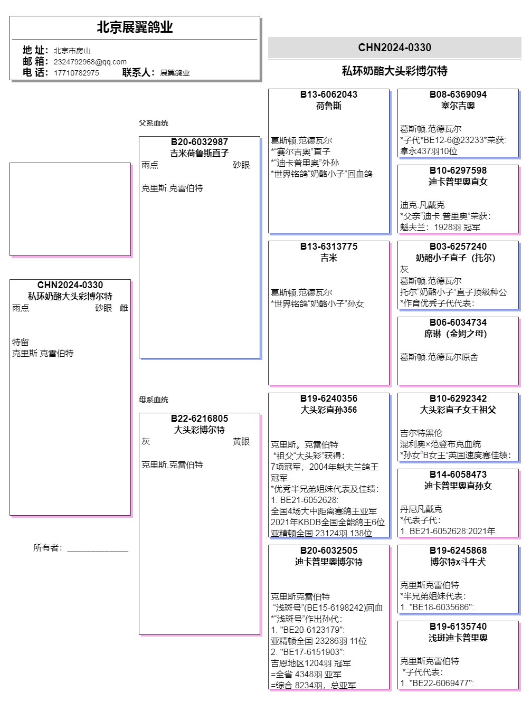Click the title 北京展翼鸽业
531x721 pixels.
click(135, 27)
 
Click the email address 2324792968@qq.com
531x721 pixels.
click(90, 62)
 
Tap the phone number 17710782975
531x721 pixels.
click(76, 73)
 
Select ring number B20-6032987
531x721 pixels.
click(199, 142)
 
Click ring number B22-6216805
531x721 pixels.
click(199, 419)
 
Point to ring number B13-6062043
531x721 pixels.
click(328, 94)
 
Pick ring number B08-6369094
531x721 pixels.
click(458, 94)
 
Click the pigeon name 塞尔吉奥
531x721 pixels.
click(458, 106)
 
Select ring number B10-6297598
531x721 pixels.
click(458, 170)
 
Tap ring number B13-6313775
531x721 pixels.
click(328, 246)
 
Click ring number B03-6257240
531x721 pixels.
click(458, 246)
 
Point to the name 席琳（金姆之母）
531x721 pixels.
click(458, 334)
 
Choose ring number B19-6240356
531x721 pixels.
click(328, 399)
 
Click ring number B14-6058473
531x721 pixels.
click(458, 475)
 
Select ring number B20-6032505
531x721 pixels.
click(328, 551)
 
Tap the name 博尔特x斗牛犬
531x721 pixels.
click(458, 562)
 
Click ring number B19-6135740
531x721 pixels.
click(458, 627)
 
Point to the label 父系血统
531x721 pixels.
click(153, 123)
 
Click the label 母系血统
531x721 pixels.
click(153, 400)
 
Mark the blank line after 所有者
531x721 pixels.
click(98, 548)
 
